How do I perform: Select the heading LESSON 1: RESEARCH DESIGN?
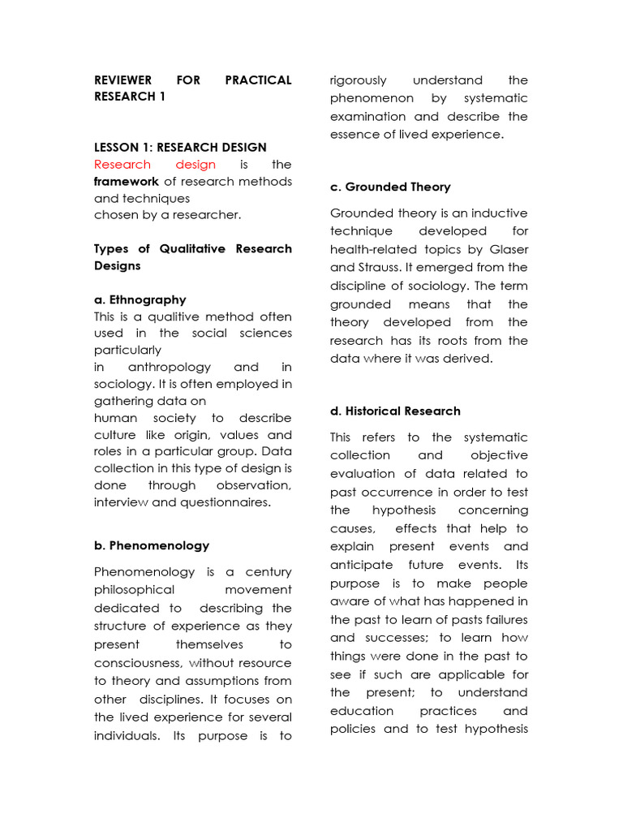[x=180, y=147]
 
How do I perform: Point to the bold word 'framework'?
[x=126, y=182]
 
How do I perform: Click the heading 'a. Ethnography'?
[x=140, y=299]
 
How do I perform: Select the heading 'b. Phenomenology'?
[x=152, y=545]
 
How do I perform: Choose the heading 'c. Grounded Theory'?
[x=390, y=187]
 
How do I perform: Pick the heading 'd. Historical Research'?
[x=395, y=411]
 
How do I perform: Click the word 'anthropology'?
[x=170, y=367]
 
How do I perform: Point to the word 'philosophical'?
[x=134, y=590]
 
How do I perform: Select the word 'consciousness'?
[x=134, y=663]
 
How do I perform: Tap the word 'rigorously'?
[x=359, y=80]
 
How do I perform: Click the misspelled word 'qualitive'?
[x=173, y=316]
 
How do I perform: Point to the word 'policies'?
[x=354, y=728]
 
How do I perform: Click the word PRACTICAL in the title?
[x=257, y=80]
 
